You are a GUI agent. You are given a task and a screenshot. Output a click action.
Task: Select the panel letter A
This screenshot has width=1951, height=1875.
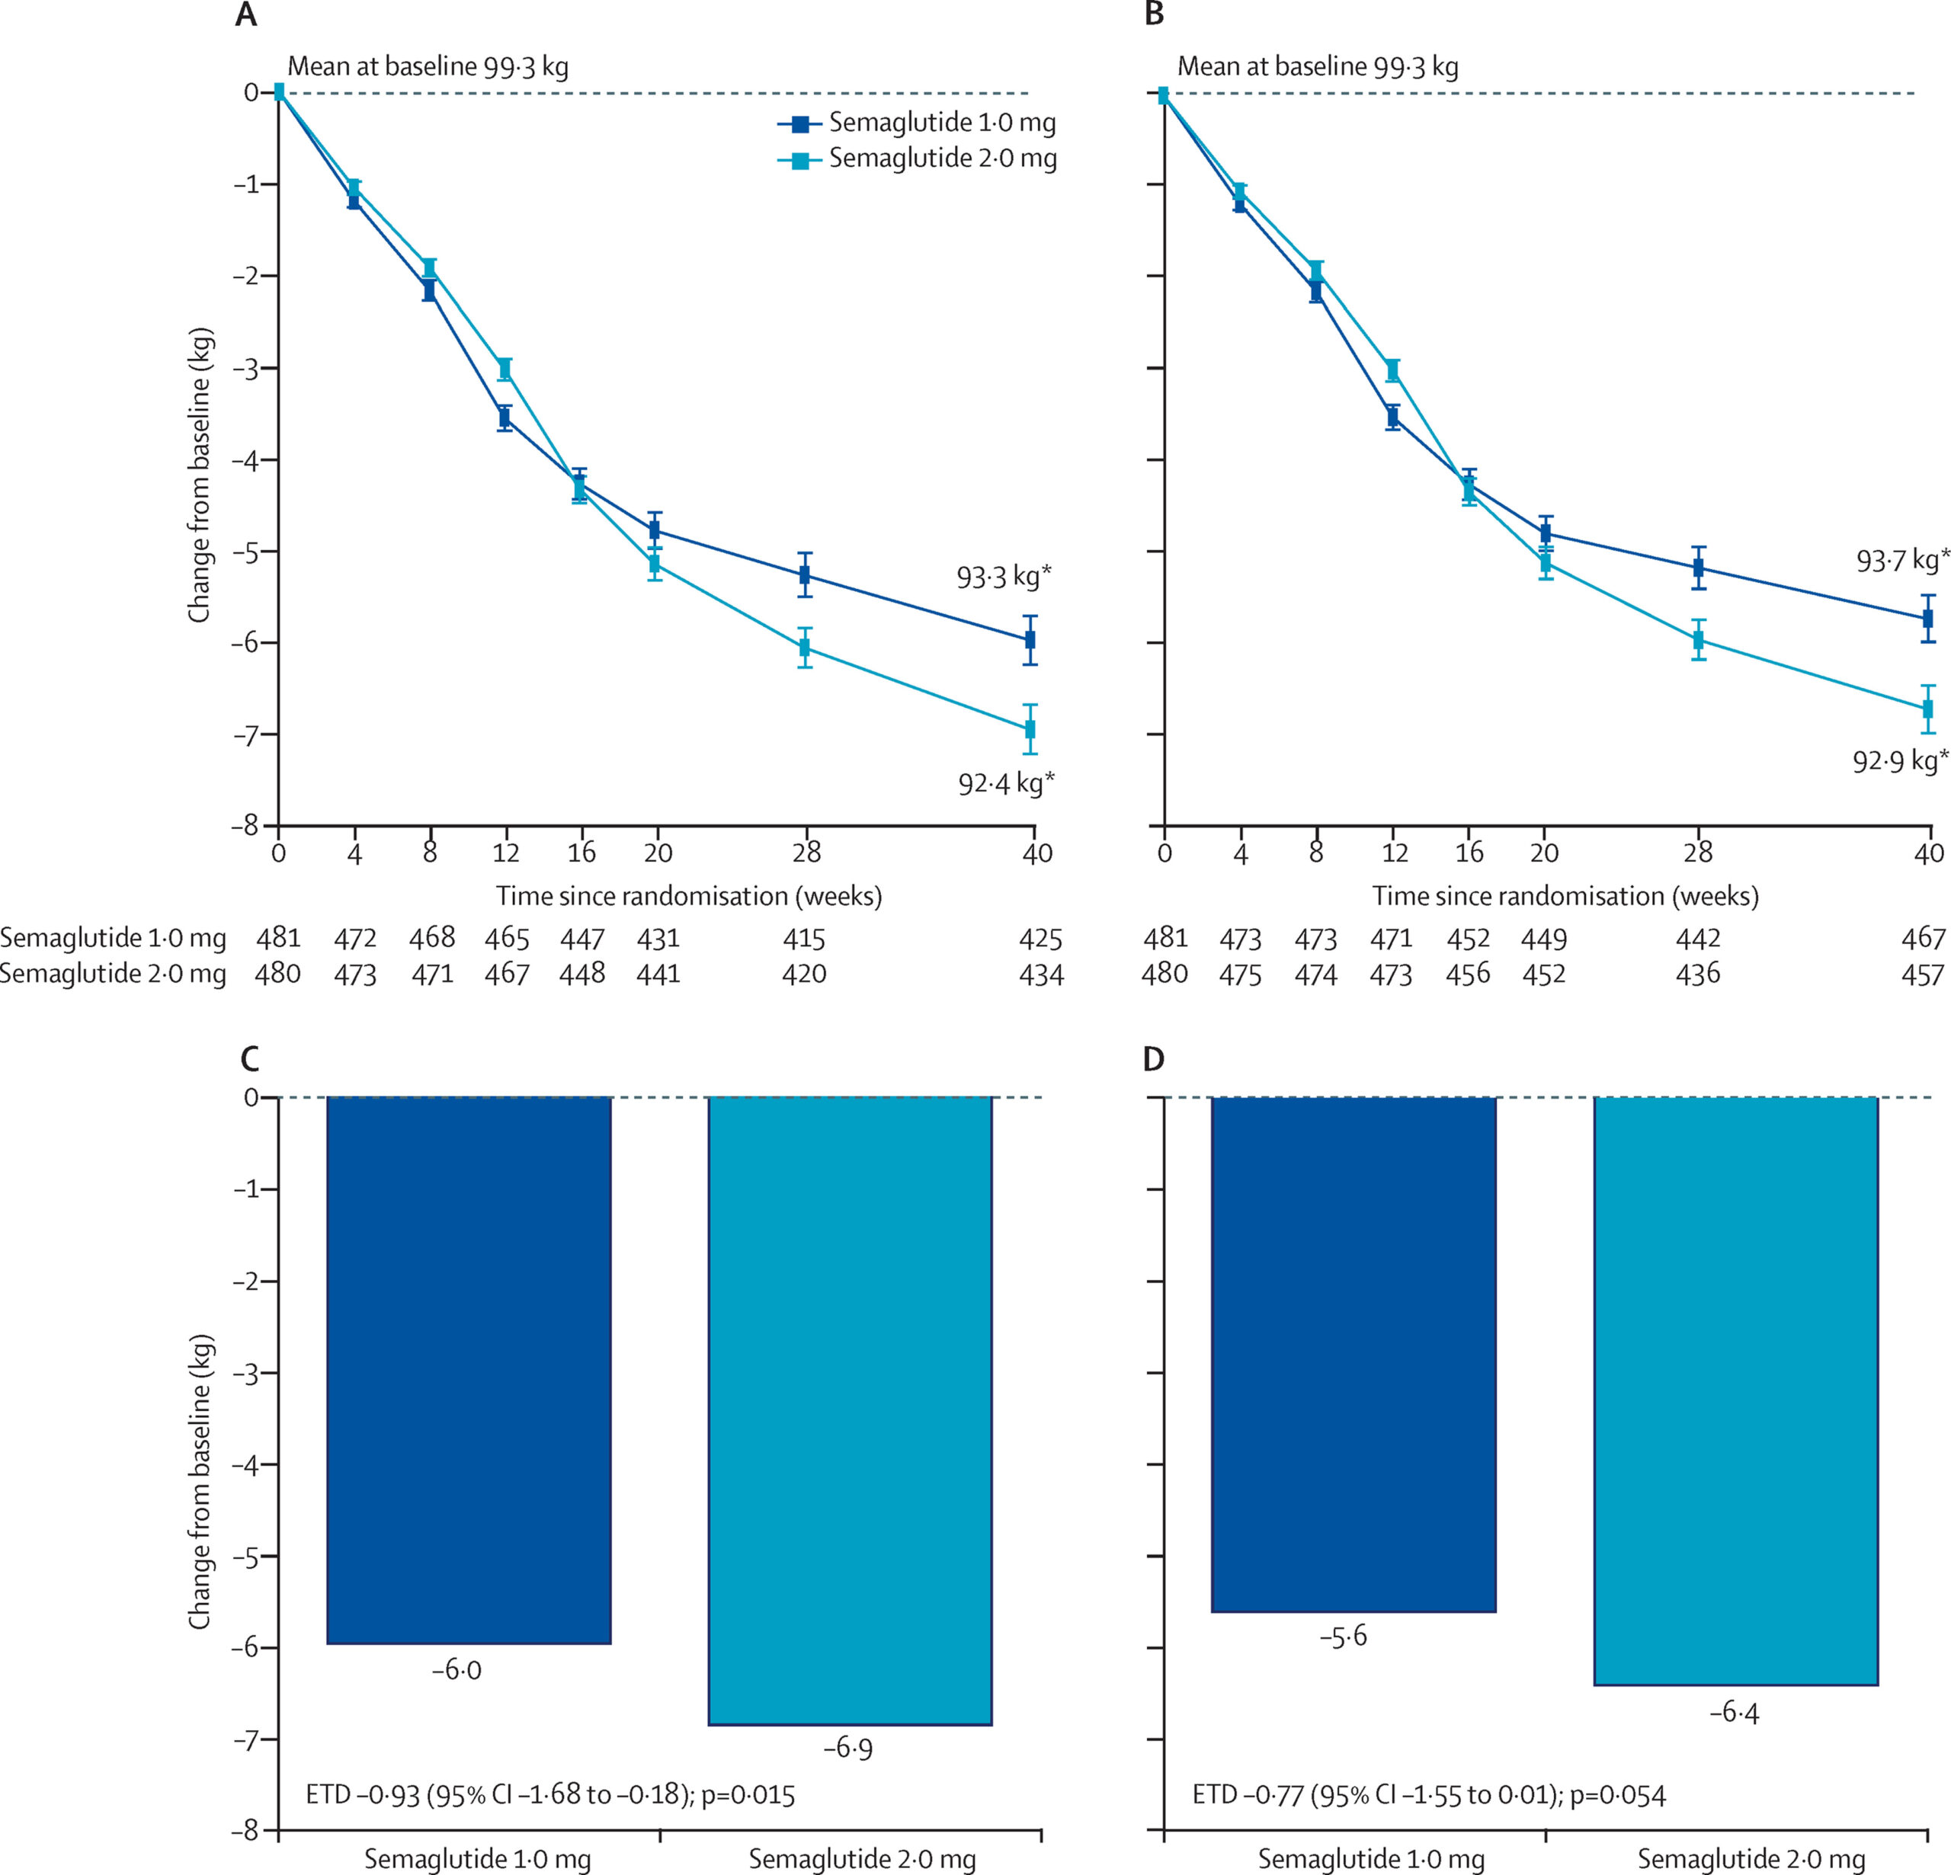(x=246, y=16)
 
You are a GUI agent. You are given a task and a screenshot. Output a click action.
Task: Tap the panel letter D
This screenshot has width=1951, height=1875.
(x=1154, y=1059)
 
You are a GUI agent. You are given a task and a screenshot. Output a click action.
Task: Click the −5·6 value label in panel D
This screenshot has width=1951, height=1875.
(x=1343, y=1636)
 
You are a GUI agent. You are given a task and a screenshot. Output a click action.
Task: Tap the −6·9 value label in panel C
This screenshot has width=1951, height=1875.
(x=848, y=1749)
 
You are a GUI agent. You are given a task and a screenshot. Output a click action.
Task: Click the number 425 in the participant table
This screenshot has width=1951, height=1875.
(x=1040, y=939)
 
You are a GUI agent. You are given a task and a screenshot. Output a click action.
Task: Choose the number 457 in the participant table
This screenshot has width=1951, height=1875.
(x=1922, y=974)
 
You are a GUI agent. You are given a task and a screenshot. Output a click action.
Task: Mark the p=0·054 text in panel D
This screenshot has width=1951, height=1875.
(x=1617, y=1795)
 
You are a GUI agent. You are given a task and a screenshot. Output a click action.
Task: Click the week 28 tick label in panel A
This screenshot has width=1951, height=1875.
(x=806, y=853)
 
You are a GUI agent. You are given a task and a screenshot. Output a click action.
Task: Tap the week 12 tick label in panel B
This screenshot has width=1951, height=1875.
(x=1395, y=853)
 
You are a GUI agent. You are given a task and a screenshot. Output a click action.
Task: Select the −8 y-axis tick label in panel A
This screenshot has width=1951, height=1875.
(x=246, y=825)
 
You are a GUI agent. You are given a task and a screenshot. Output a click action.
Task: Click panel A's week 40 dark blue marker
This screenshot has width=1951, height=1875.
(x=1030, y=639)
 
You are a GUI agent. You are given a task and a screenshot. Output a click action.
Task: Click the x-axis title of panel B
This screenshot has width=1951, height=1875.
(x=1565, y=896)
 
